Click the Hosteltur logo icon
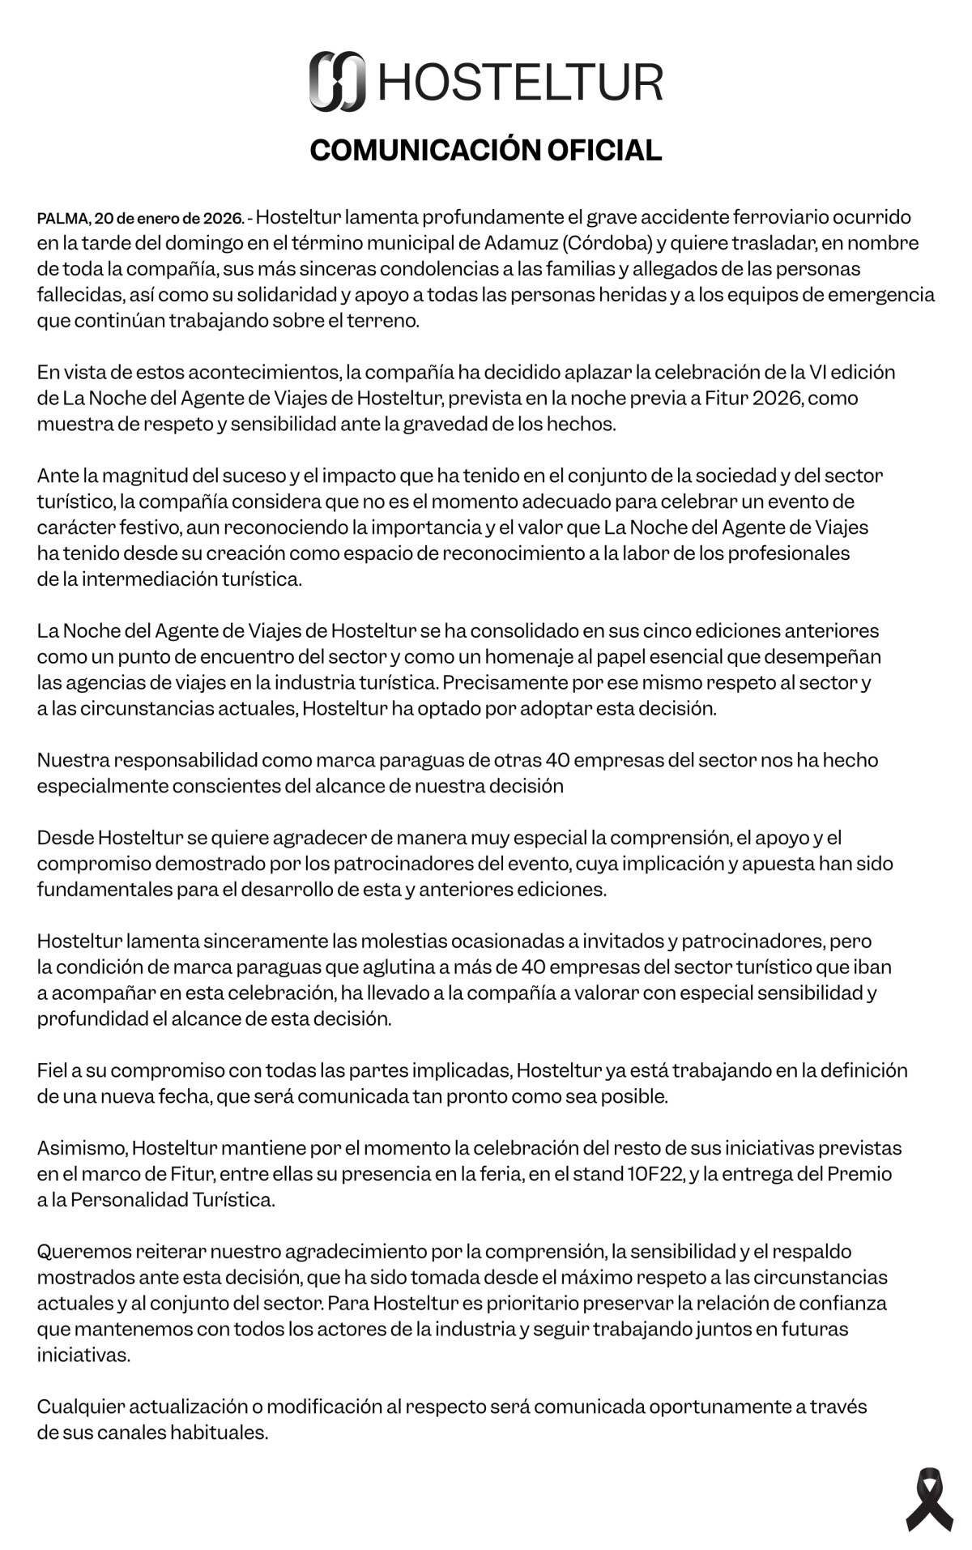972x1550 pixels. point(337,81)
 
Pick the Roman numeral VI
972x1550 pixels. point(818,372)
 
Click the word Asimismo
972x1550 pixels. point(81,1147)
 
